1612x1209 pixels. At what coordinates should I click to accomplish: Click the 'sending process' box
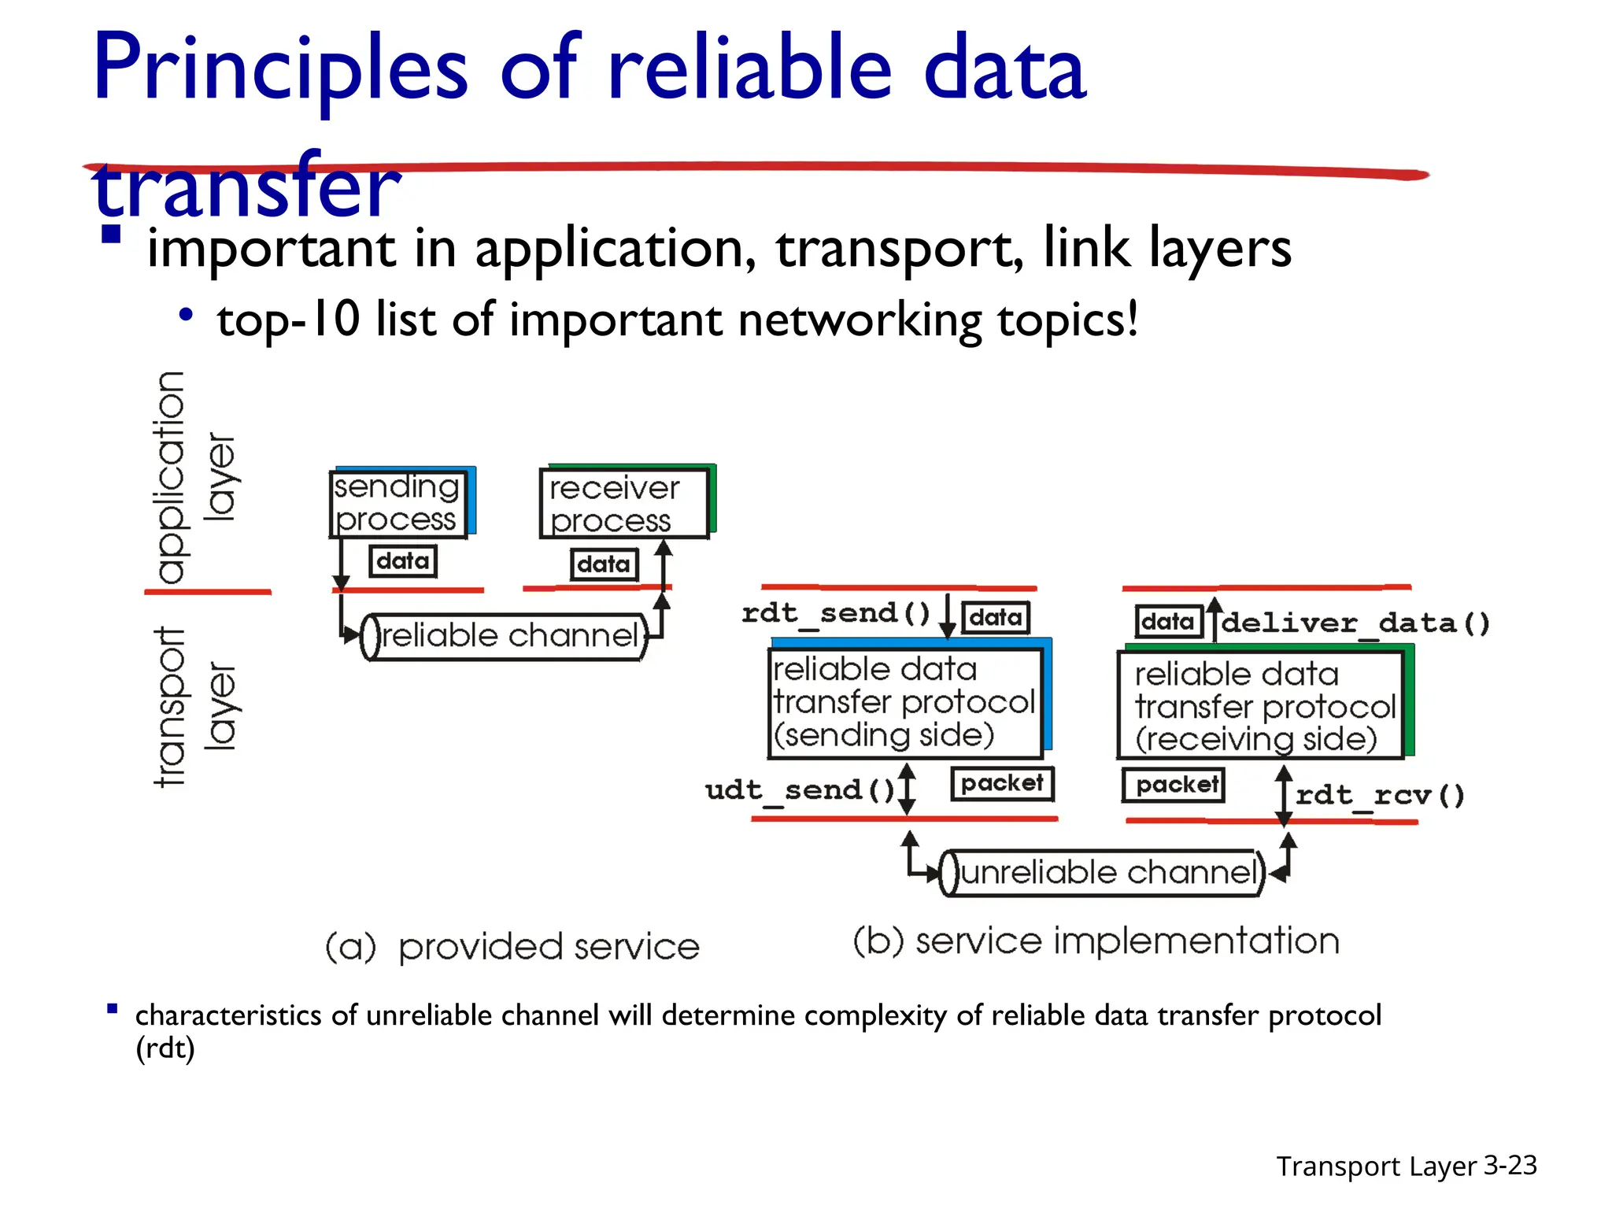click(397, 504)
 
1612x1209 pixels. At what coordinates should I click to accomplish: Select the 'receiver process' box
click(623, 505)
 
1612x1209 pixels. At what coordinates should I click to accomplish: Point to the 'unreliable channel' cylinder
click(1103, 873)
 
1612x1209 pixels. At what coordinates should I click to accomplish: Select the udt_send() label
click(800, 789)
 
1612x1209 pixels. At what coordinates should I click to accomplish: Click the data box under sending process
click(403, 561)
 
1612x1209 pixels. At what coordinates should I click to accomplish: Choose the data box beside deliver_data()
click(1169, 622)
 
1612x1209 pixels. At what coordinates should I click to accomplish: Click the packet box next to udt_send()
click(1002, 783)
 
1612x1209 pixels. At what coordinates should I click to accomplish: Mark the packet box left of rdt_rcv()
click(1174, 785)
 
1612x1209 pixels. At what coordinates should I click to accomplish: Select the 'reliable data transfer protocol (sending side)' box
click(904, 702)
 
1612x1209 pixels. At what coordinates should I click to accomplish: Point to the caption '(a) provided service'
click(512, 947)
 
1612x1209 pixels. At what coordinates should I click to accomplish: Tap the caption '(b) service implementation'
click(1096, 941)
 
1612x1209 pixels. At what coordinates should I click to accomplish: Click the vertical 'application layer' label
click(193, 477)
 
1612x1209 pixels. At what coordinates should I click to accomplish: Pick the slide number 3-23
click(1510, 1165)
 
